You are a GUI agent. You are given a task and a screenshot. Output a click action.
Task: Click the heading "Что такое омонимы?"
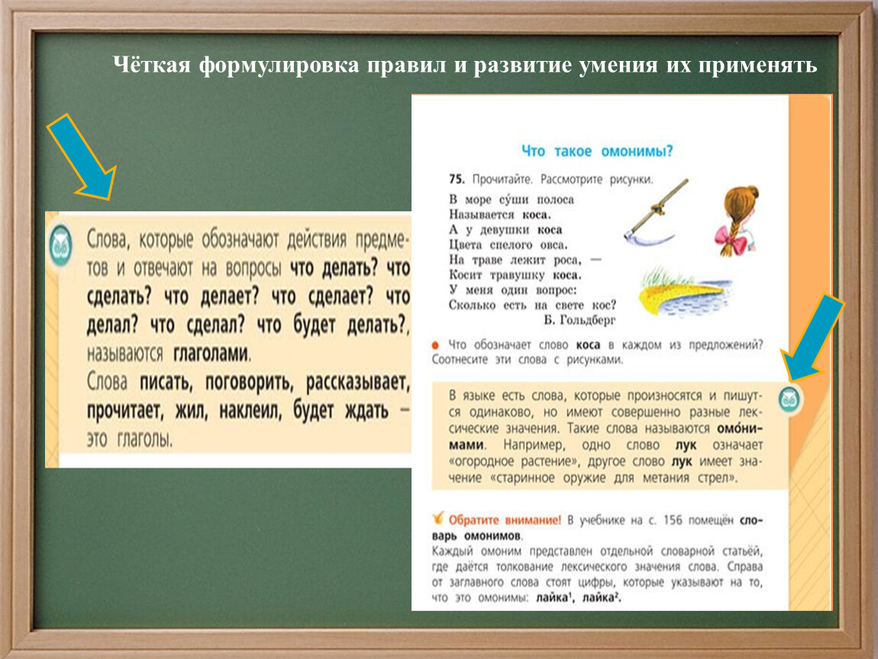(x=597, y=151)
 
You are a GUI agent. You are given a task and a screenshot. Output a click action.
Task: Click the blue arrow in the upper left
(x=81, y=156)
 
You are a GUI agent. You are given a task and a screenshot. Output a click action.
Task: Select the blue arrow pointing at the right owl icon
(x=815, y=337)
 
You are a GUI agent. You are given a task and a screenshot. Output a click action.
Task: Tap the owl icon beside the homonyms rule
(x=789, y=400)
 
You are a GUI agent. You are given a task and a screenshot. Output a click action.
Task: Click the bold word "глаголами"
(x=211, y=355)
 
